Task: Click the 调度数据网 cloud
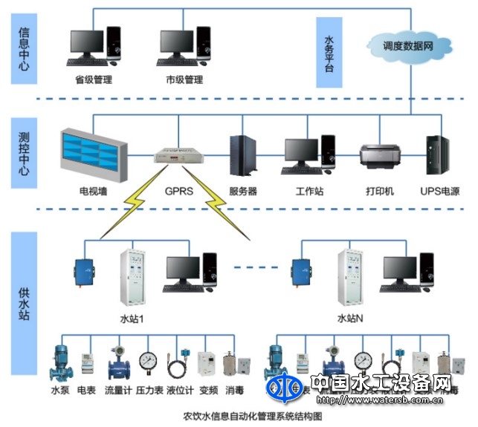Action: click(x=408, y=45)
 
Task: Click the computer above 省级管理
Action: click(x=93, y=46)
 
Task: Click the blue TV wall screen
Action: click(x=88, y=151)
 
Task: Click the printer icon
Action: click(x=379, y=154)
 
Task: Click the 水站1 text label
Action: click(x=132, y=319)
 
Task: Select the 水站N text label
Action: click(x=349, y=319)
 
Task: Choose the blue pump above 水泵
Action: click(x=59, y=361)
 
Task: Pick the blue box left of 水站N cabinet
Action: click(x=300, y=271)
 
